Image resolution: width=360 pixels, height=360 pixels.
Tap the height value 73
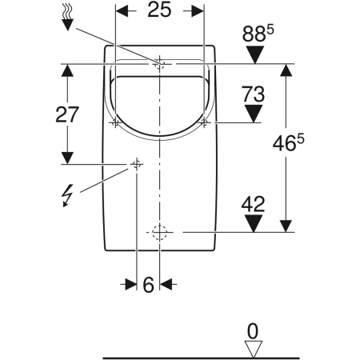253,94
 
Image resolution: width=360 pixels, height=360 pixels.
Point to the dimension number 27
68,114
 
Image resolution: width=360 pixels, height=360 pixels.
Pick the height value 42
253,204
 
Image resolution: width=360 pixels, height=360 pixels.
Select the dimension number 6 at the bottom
148,284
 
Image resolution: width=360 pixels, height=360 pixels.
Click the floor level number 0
254,329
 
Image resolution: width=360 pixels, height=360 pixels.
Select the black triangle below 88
254,55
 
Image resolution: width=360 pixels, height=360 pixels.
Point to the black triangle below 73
253,114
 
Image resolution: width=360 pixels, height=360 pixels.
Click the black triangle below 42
253,222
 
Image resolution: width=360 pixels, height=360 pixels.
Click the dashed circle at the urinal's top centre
159,63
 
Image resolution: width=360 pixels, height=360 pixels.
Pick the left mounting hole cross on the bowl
116,122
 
